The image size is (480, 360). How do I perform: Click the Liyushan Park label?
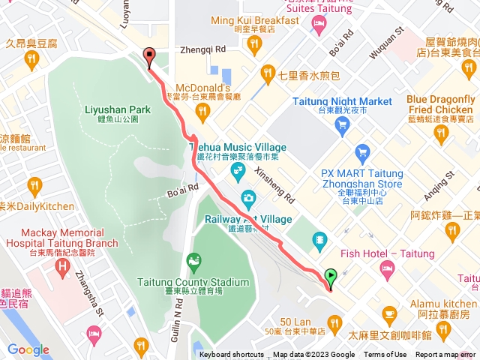pos(118,109)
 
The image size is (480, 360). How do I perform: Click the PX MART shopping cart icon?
pos(363,151)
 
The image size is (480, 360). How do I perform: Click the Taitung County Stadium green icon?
pos(195,262)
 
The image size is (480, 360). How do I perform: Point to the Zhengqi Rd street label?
pos(202,49)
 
